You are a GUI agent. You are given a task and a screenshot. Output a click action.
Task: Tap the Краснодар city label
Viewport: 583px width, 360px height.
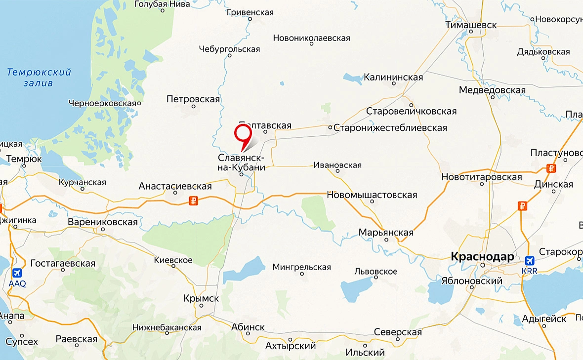pyautogui.click(x=482, y=257)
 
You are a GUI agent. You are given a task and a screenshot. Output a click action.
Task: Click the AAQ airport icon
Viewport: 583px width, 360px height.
pyautogui.click(x=17, y=273)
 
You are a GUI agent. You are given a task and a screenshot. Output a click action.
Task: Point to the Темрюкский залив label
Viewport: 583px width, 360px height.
pyautogui.click(x=39, y=78)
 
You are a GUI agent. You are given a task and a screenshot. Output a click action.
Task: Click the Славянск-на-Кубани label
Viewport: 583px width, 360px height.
pyautogui.click(x=242, y=162)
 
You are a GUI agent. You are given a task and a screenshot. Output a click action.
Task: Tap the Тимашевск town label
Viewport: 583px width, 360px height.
pyautogui.click(x=471, y=24)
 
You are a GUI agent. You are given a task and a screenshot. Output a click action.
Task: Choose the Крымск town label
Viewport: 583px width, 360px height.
pyautogui.click(x=201, y=299)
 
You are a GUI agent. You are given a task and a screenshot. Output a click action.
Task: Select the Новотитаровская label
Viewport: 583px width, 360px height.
pyautogui.click(x=482, y=177)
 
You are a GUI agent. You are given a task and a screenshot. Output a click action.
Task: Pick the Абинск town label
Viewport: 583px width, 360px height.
pyautogui.click(x=248, y=327)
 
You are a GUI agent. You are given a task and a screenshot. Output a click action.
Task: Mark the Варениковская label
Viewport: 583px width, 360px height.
pyautogui.click(x=103, y=222)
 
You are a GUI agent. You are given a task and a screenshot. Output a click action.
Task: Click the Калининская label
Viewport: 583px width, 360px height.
pyautogui.click(x=393, y=77)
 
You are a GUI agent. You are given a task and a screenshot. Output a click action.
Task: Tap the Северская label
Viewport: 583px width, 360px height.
pyautogui.click(x=398, y=332)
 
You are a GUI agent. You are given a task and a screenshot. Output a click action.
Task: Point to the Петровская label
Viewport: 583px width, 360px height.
pyautogui.click(x=193, y=99)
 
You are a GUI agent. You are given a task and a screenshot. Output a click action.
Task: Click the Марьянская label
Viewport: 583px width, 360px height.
pyautogui.click(x=386, y=233)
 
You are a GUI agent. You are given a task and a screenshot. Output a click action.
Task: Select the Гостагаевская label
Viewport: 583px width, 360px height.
pyautogui.click(x=63, y=263)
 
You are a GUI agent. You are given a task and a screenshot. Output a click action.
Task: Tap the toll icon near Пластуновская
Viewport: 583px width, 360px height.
pyautogui.click(x=552, y=168)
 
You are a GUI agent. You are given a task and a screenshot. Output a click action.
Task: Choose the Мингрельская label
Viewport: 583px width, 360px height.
pyautogui.click(x=301, y=267)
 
